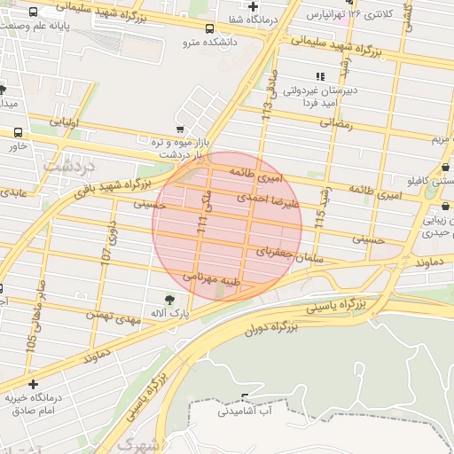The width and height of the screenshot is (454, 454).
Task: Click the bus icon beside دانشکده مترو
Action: point(209,28)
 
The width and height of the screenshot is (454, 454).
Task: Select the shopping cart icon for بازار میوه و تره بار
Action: point(180,129)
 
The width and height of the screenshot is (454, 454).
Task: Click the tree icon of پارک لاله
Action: point(169,299)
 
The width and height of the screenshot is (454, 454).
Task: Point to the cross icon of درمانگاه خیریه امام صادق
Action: point(34,385)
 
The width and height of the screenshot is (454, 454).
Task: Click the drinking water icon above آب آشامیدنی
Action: point(245,396)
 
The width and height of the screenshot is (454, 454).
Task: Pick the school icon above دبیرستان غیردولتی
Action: point(319,77)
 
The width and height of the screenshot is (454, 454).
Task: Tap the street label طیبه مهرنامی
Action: point(212,279)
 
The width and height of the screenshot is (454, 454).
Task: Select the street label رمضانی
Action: point(336,124)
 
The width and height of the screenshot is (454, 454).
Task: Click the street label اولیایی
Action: point(67,121)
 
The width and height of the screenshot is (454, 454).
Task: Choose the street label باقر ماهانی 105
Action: point(35,314)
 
